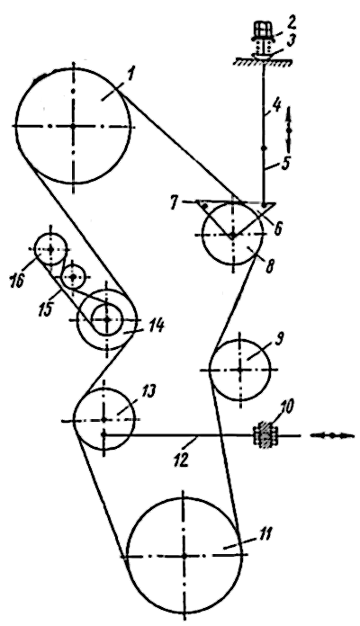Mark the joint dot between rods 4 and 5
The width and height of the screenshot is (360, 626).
[x=264, y=148]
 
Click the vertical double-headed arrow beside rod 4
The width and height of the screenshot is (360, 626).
[x=290, y=130]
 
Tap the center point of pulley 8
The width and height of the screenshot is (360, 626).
[x=232, y=236]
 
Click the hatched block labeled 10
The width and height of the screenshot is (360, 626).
[x=264, y=435]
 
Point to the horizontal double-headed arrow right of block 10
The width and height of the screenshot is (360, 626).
[x=332, y=435]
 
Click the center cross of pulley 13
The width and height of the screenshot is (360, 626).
[x=103, y=419]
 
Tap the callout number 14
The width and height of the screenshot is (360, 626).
[x=156, y=327]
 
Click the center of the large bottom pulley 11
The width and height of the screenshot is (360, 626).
[x=184, y=555]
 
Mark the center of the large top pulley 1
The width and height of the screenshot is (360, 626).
[x=73, y=126]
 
